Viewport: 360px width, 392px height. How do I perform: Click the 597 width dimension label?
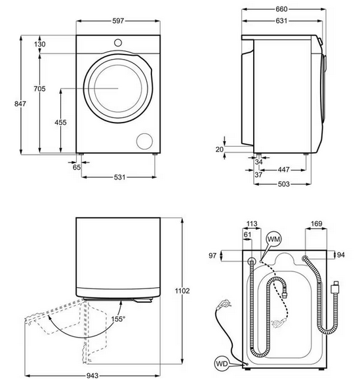[118, 21]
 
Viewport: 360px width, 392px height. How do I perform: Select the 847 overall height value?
[20, 104]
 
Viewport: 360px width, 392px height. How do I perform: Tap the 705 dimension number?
[40, 88]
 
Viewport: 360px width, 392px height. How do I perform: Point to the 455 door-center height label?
[61, 122]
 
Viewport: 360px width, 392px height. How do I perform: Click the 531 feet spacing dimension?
[119, 177]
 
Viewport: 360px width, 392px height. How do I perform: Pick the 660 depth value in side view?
[281, 9]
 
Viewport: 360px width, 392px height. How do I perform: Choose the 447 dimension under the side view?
[284, 170]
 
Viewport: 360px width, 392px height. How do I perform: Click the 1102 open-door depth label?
[182, 291]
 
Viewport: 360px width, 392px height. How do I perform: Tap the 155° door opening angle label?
[118, 319]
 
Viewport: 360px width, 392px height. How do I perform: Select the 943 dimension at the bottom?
[92, 376]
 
